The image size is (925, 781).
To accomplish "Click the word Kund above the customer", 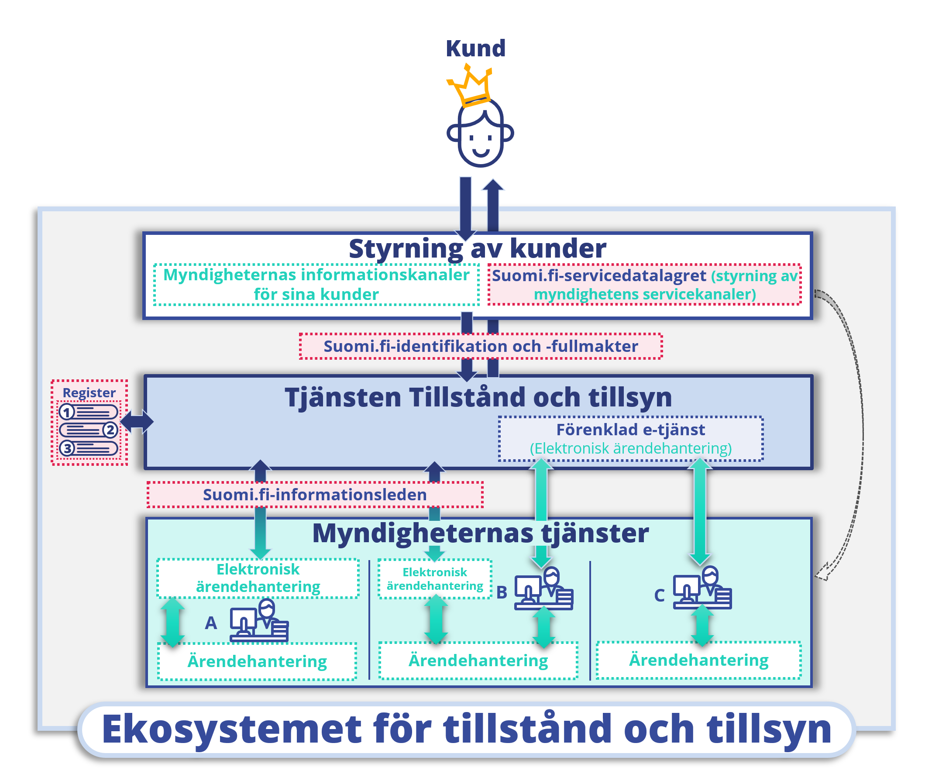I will coord(475,48).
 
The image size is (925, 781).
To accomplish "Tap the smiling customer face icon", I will coord(481,135).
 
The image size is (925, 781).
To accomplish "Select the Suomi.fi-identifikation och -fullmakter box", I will coord(481,346).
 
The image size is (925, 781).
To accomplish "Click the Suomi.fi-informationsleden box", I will coord(314,495).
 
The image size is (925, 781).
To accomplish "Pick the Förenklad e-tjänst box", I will coord(630,439).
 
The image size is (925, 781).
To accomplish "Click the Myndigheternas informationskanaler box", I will coord(316,284).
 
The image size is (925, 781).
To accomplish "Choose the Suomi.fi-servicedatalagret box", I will coord(644,284).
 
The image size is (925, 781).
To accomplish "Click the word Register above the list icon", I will coord(89,393).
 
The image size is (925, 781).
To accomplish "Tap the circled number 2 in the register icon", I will coord(110,430).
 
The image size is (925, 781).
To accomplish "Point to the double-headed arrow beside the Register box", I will coord(137,421).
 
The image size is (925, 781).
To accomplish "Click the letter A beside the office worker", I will coord(211,623).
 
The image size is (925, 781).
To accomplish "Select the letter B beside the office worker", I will coord(501,592).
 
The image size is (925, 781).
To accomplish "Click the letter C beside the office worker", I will coord(659,595).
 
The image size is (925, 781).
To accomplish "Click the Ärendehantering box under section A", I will coord(257,661).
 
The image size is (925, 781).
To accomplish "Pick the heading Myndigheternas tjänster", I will coord(481,533).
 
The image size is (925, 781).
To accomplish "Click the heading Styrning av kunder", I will coord(477,249).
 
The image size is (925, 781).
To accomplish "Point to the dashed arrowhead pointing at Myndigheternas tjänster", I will coord(822,571).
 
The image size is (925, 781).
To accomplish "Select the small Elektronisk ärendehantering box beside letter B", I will coord(434,579).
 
